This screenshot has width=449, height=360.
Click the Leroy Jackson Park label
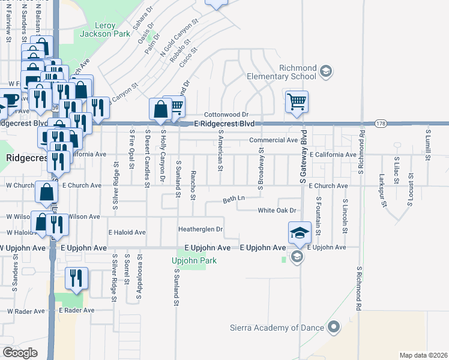pos(104,30)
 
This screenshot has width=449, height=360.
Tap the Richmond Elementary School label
pos(289,72)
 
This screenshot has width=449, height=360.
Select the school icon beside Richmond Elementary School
pos(325,72)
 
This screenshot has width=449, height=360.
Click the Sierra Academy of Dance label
pos(277,328)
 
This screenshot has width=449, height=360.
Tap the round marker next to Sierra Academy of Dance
pos(334,327)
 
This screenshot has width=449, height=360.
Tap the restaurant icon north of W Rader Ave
pos(76,278)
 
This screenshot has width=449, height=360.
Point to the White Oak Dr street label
pos(277,211)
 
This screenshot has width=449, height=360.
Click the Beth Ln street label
pos(234,198)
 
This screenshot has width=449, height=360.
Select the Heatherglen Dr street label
pos(200,229)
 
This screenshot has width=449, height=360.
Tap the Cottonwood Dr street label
pos(226,114)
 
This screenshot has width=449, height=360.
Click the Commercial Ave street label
pos(274,140)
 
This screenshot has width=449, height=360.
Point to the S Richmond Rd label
pos(358,288)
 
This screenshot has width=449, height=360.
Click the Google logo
pos(20,353)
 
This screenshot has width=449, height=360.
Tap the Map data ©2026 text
pos(423,355)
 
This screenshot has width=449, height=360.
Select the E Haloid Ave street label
pos(127,232)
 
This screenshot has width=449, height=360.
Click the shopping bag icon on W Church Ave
pos(46,193)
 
